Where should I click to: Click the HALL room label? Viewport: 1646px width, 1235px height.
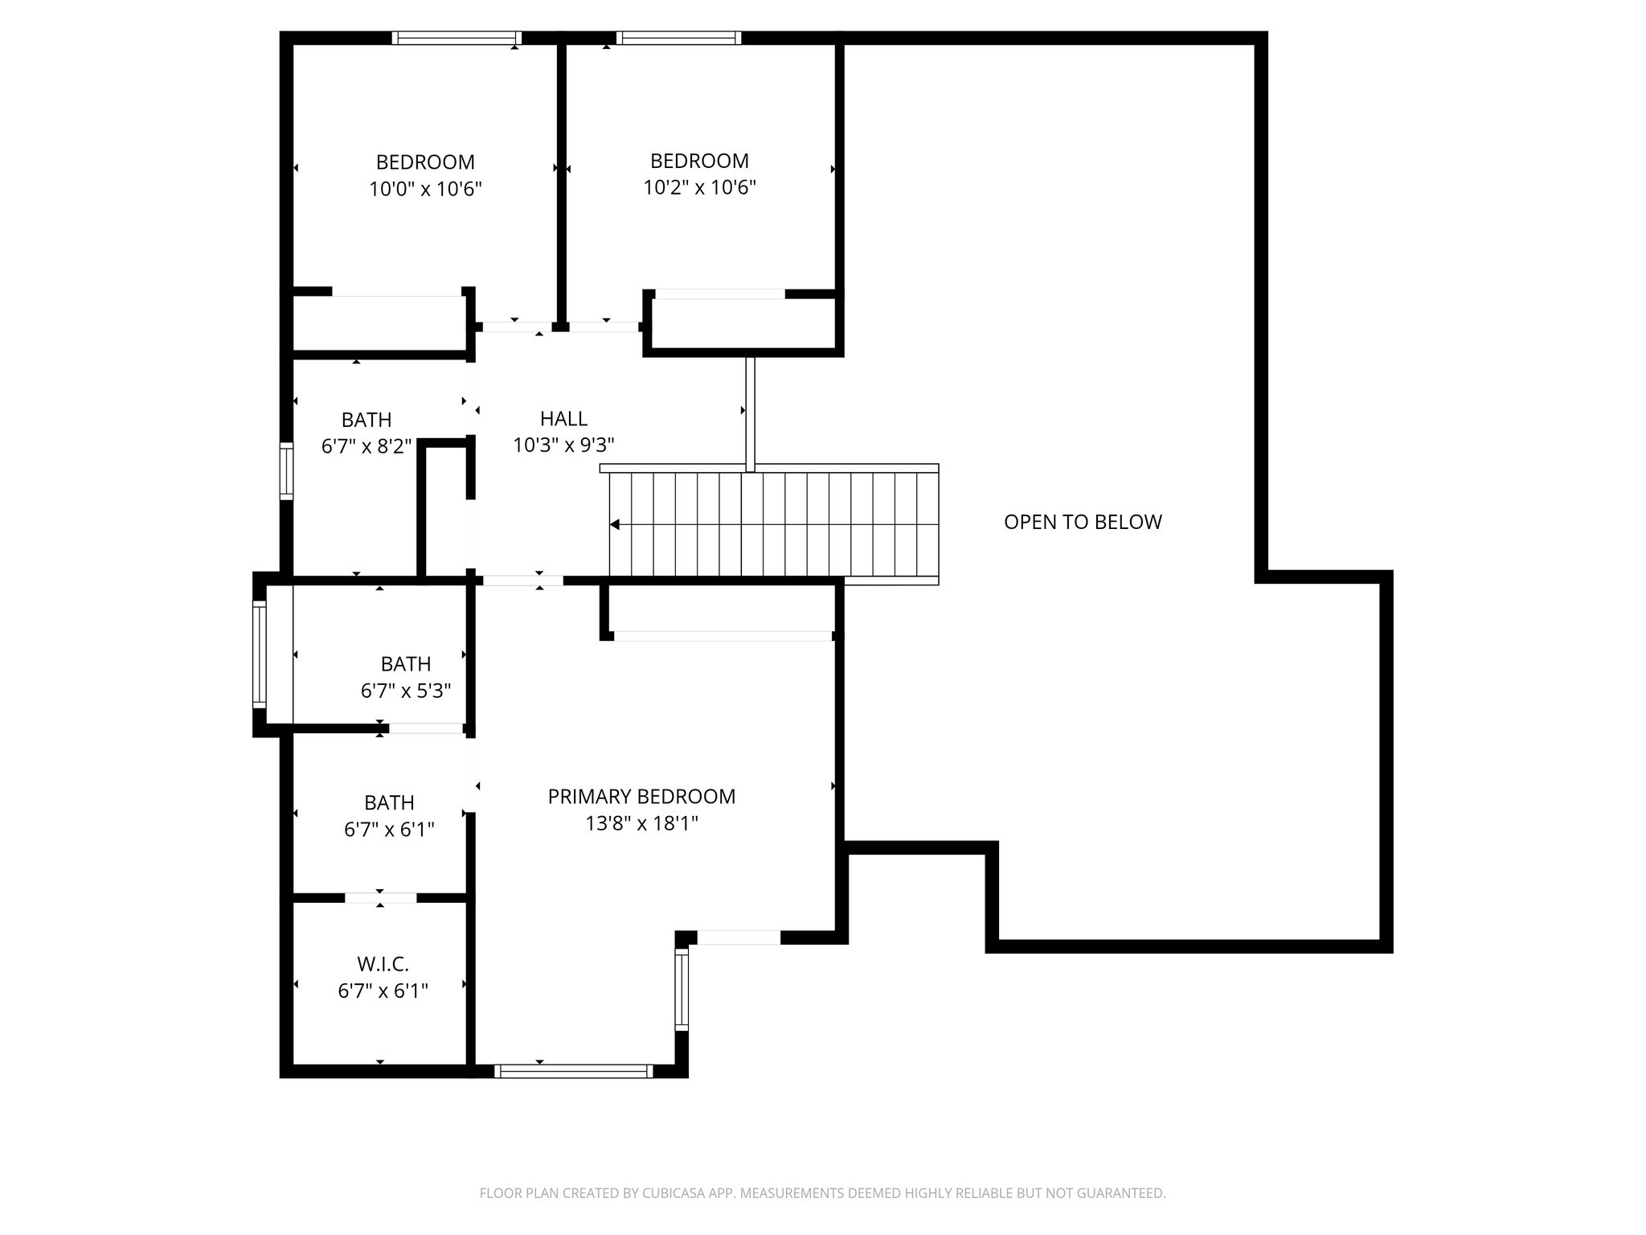pyautogui.click(x=563, y=418)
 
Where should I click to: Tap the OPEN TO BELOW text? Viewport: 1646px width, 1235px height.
pyautogui.click(x=1083, y=522)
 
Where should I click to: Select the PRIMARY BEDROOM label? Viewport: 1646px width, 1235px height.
pyautogui.click(x=641, y=796)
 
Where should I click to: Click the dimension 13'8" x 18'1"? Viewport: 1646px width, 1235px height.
pyautogui.click(x=641, y=823)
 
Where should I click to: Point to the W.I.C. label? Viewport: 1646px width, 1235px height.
pyautogui.click(x=383, y=963)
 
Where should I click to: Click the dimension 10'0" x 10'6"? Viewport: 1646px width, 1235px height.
pyautogui.click(x=425, y=189)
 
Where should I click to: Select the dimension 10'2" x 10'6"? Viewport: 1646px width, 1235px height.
pyautogui.click(x=699, y=187)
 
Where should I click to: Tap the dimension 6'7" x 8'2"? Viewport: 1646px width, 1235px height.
pyautogui.click(x=366, y=446)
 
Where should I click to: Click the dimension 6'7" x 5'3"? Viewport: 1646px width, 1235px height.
pyautogui.click(x=406, y=691)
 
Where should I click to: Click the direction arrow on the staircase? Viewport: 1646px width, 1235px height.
pyautogui.click(x=615, y=525)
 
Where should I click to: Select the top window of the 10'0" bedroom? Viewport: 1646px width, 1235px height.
pyautogui.click(x=457, y=38)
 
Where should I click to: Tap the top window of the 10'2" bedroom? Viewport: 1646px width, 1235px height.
pyautogui.click(x=678, y=38)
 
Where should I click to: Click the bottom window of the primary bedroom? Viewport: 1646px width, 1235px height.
pyautogui.click(x=573, y=1071)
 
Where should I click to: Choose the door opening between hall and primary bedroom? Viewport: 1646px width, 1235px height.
pyautogui.click(x=522, y=580)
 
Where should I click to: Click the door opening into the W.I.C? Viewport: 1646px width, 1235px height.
pyautogui.click(x=381, y=898)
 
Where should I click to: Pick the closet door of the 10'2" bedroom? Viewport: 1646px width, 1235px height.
pyautogui.click(x=719, y=294)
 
